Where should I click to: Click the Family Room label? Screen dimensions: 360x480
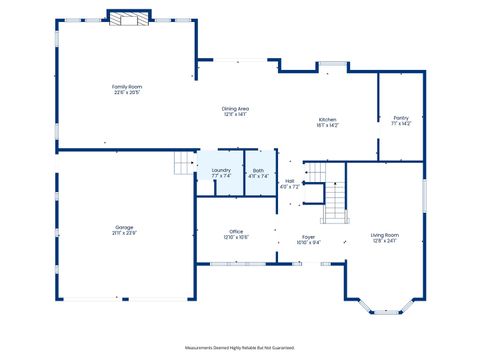[126, 87]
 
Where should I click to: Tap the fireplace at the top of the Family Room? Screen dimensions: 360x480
[128, 18]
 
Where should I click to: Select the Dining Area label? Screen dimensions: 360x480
[235, 108]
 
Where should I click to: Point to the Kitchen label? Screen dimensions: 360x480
[328, 119]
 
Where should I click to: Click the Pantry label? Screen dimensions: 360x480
[401, 119]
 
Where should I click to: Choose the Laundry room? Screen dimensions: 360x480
[221, 171]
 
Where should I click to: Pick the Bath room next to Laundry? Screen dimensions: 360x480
[258, 171]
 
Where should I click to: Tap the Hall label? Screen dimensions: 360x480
[289, 182]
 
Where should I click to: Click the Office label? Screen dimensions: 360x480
[236, 231]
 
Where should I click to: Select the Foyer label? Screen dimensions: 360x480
[309, 236]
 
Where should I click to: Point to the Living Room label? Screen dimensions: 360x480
[384, 235]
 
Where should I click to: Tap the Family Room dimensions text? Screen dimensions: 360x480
[126, 93]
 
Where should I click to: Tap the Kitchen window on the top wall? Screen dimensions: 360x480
[332, 66]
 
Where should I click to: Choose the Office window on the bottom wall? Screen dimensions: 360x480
[236, 264]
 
